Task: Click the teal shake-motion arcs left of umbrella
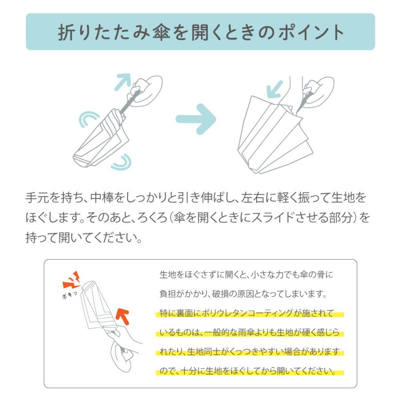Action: click(x=88, y=119)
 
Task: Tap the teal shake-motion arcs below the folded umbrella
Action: click(x=122, y=162)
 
